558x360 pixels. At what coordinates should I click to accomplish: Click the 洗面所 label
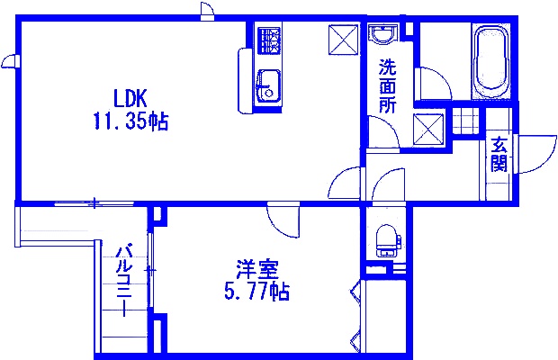[388, 85]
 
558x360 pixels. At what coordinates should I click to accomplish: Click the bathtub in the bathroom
[490, 60]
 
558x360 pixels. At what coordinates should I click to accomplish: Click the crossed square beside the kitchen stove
[342, 40]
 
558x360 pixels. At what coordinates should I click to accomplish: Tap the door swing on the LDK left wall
[10, 61]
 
